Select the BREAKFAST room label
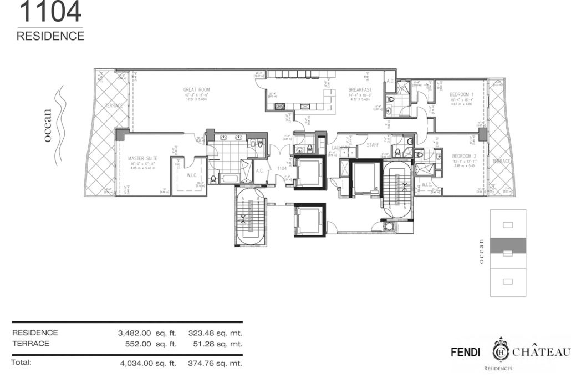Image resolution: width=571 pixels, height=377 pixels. point(360,89)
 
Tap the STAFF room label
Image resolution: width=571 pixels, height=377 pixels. point(372,144)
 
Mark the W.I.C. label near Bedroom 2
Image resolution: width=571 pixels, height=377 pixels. point(426,184)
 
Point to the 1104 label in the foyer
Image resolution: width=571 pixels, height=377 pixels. point(282,168)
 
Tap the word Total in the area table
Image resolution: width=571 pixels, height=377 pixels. point(22,363)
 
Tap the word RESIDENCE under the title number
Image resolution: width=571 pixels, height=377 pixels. point(50,36)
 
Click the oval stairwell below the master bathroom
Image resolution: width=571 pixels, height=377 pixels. point(250,216)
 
